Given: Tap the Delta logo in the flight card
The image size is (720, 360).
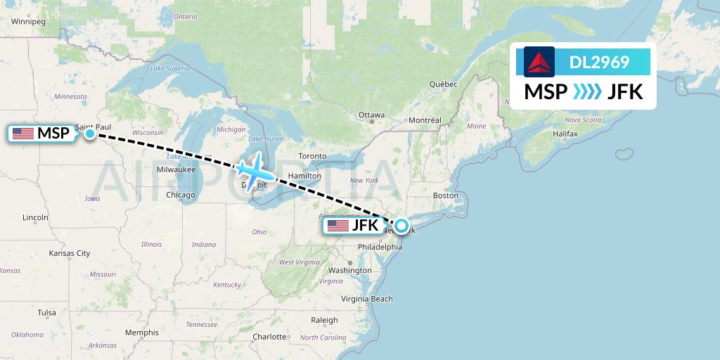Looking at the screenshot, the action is [539, 62].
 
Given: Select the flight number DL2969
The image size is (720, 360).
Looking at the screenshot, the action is [599, 63].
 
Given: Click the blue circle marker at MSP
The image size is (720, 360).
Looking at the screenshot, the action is [90, 133].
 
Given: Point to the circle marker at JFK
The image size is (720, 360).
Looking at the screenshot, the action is [401, 226].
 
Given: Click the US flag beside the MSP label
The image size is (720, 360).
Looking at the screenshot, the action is [23, 134].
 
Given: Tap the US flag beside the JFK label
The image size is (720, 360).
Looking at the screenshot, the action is [338, 226].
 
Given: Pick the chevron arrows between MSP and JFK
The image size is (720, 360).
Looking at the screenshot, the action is [586, 92].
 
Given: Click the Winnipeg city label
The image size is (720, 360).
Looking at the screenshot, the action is [28, 22].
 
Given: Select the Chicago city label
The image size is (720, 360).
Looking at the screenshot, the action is [181, 195].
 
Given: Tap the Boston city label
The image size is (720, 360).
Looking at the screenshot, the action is [446, 195].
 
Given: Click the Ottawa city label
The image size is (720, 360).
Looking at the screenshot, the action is [371, 115].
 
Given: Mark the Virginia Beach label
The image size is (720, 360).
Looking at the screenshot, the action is [367, 299].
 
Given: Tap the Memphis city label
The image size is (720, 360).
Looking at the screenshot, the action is [142, 333].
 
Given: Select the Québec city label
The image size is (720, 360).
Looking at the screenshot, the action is [444, 84].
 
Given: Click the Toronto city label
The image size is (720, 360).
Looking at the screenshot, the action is [312, 156].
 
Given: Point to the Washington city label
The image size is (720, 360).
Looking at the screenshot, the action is [349, 270].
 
